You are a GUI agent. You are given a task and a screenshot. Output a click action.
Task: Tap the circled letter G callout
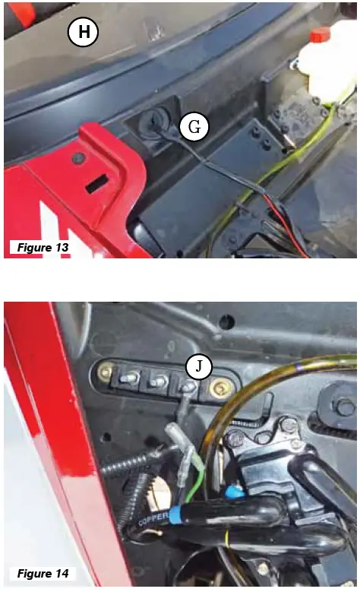click(x=194, y=127)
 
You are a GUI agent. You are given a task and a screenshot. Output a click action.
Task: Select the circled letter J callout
click(x=199, y=367)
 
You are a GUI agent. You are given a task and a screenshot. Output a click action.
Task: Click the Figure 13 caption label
click(x=39, y=248)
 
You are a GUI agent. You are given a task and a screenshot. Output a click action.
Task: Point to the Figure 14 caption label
click(x=39, y=571)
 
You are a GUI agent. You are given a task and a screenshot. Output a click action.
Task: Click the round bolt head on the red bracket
click(x=78, y=158)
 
